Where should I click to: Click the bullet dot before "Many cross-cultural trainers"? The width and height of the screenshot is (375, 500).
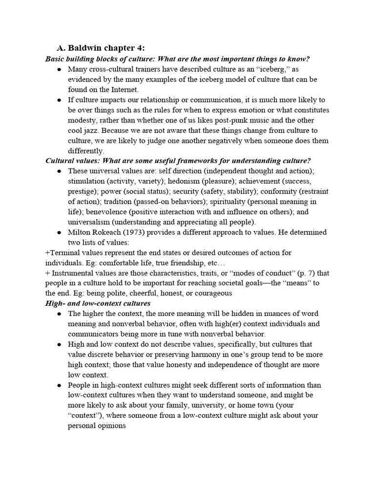pos(59,70)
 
